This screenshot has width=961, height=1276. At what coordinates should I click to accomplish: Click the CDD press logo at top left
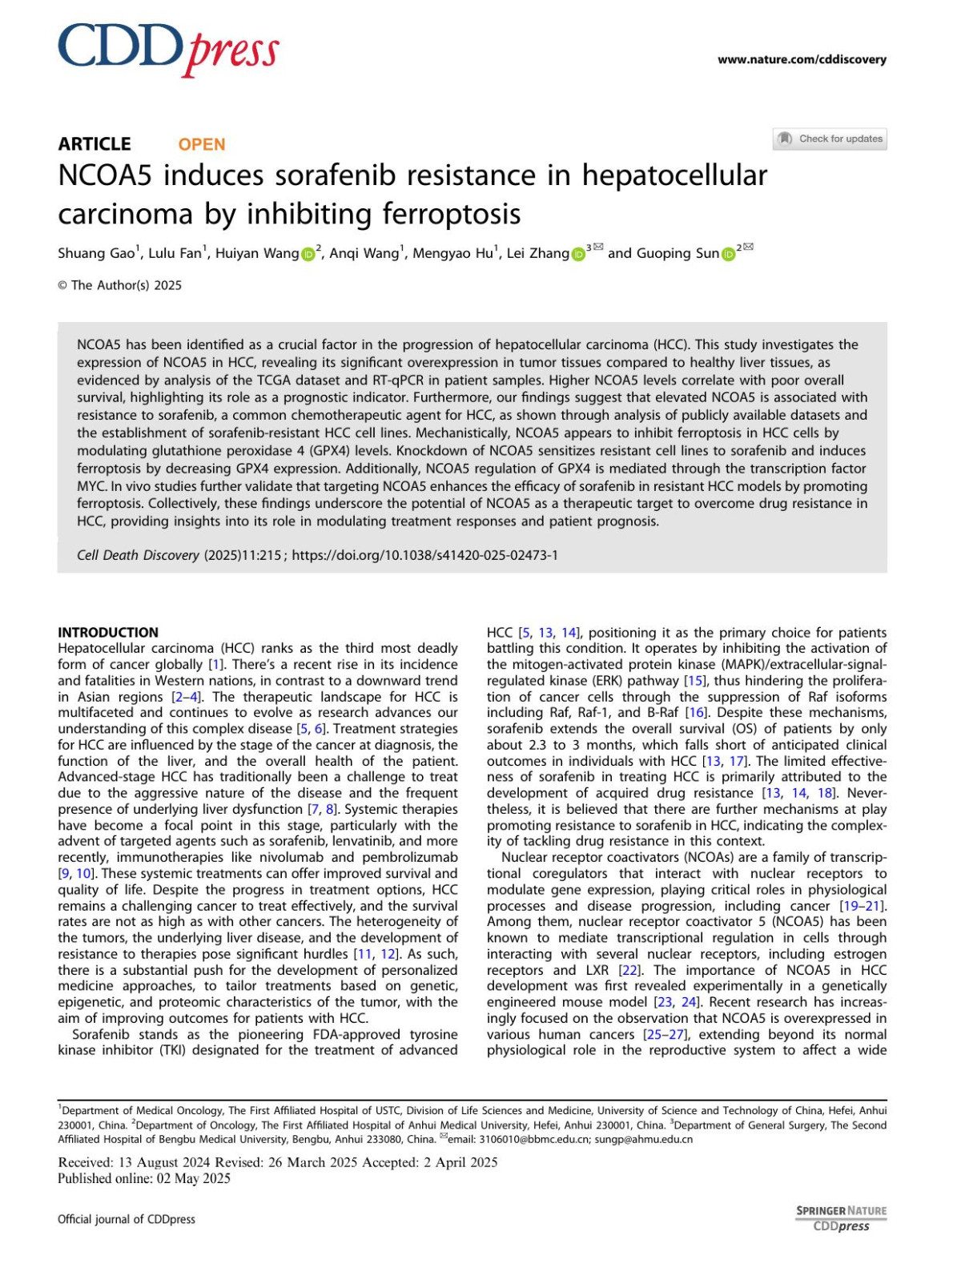pos(168,49)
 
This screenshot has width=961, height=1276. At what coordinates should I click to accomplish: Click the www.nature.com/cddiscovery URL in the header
pos(802,59)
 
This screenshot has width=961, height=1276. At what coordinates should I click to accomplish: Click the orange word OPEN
pos(202,144)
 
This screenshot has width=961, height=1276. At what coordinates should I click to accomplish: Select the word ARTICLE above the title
pos(94,144)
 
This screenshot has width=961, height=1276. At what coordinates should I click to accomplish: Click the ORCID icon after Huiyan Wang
pos(308,255)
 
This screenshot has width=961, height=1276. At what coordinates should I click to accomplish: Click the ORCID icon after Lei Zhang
pos(578,255)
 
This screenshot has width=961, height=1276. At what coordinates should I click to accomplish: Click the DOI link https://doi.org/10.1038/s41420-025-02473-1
pos(424,555)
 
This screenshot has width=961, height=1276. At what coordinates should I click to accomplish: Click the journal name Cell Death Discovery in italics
pos(138,555)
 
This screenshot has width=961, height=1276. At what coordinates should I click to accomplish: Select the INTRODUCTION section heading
pos(108,632)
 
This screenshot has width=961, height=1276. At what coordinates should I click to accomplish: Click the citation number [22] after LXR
pos(629,970)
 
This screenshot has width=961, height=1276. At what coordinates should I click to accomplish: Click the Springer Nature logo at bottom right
pos(841,1218)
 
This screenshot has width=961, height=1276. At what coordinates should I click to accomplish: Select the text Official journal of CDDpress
pos(127,1219)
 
